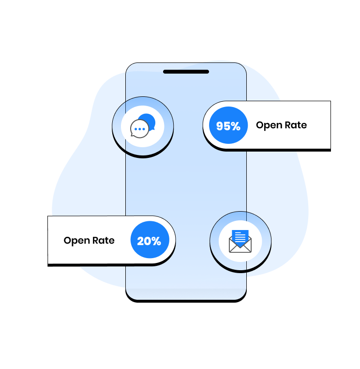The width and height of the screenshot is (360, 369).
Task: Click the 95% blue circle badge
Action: (228, 125)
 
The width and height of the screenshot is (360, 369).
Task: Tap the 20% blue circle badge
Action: (150, 240)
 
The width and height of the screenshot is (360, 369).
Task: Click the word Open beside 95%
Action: (269, 125)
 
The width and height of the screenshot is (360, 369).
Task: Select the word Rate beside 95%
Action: (296, 125)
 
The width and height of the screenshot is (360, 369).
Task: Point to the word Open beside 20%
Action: (76, 241)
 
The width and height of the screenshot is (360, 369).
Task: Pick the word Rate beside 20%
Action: (104, 240)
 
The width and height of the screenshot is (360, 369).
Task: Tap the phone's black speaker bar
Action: (186, 72)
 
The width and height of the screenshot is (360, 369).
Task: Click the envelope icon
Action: (240, 242)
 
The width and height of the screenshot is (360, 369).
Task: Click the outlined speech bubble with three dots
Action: (139, 129)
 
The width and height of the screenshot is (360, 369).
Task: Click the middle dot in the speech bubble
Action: (140, 129)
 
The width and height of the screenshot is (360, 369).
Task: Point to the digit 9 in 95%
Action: (220, 126)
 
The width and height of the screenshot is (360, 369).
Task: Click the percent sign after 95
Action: (235, 126)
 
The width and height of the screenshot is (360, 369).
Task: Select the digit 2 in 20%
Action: (141, 241)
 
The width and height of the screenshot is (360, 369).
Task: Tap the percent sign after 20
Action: (156, 241)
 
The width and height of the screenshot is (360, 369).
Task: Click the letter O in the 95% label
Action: (260, 125)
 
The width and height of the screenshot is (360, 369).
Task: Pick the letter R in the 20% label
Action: (96, 240)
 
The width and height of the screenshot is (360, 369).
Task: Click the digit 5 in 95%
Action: (226, 126)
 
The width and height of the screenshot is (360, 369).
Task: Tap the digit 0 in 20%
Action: (148, 241)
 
